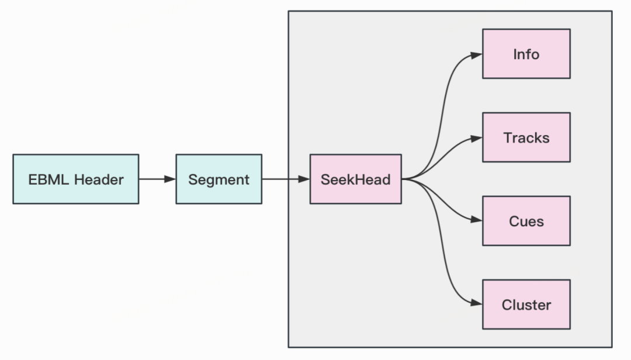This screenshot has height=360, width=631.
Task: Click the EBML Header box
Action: (x=76, y=179)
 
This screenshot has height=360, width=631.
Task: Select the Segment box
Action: (x=219, y=179)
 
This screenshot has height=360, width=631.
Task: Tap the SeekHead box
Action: (x=355, y=179)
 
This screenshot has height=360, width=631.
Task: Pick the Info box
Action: (x=526, y=54)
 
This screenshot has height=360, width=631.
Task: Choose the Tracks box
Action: (x=526, y=137)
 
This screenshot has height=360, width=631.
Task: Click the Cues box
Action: (x=526, y=221)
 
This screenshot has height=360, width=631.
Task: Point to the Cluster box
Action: (x=526, y=304)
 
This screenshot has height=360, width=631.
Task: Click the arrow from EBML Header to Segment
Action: (x=157, y=179)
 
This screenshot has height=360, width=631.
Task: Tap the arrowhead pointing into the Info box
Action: (x=477, y=54)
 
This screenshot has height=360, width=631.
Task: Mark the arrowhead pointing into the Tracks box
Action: (x=477, y=138)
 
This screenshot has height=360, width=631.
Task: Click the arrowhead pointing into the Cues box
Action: (x=477, y=221)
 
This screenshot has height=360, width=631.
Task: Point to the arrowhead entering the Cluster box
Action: (x=477, y=304)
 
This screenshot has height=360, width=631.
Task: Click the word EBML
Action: (x=46, y=179)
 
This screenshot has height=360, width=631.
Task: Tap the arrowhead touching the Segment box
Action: (x=170, y=179)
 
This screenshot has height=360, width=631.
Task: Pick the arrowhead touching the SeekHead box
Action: (x=304, y=179)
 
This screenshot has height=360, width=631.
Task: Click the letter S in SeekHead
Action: (x=325, y=179)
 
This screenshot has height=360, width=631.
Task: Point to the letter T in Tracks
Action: (x=507, y=138)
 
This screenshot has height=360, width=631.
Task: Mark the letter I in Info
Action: (x=515, y=54)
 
